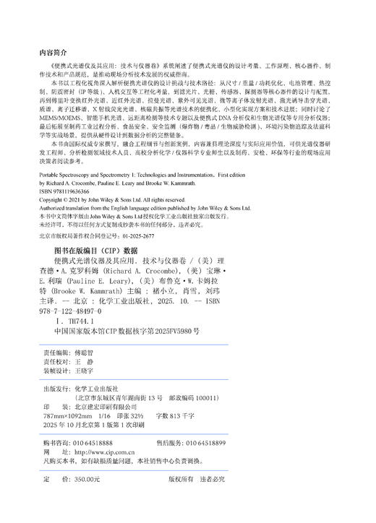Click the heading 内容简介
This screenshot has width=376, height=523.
click(52, 51)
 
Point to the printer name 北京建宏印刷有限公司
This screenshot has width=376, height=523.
click(104, 407)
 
